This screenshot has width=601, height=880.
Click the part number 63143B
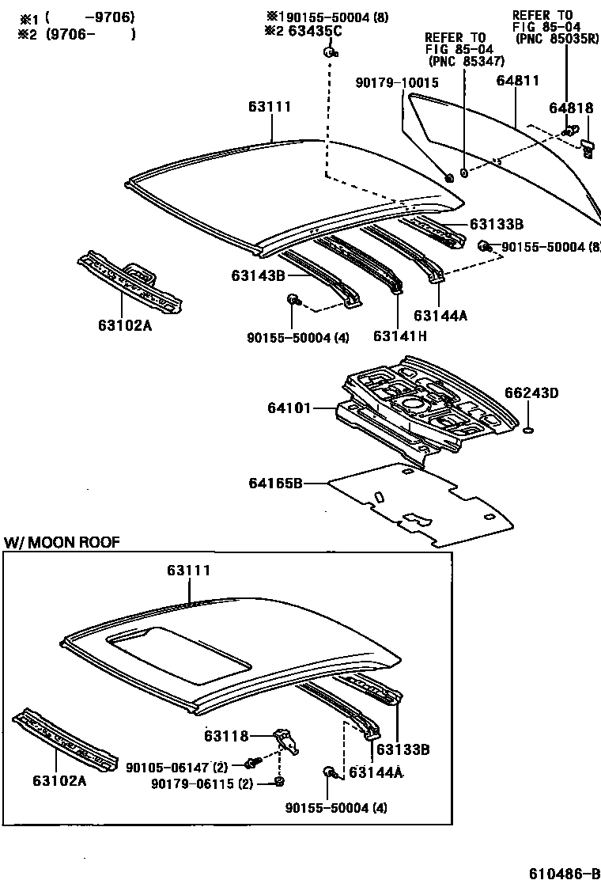pyautogui.click(x=258, y=275)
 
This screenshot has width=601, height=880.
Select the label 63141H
pyautogui.click(x=400, y=336)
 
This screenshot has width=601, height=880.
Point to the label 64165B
pyautogui.click(x=276, y=483)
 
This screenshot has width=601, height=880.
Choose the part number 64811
pyautogui.click(x=518, y=81)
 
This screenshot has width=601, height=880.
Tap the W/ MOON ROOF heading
pyautogui.click(x=62, y=542)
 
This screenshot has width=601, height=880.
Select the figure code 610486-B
pyautogui.click(x=565, y=872)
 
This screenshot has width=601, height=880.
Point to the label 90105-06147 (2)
pyautogui.click(x=177, y=767)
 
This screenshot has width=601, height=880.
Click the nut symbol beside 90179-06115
pyautogui.click(x=279, y=783)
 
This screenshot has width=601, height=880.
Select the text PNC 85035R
pyautogui.click(x=556, y=37)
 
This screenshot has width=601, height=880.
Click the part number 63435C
pyautogui.click(x=313, y=32)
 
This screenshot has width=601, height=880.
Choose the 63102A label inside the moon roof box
pyautogui.click(x=59, y=780)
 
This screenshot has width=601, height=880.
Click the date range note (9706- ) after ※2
pyautogui.click(x=89, y=33)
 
